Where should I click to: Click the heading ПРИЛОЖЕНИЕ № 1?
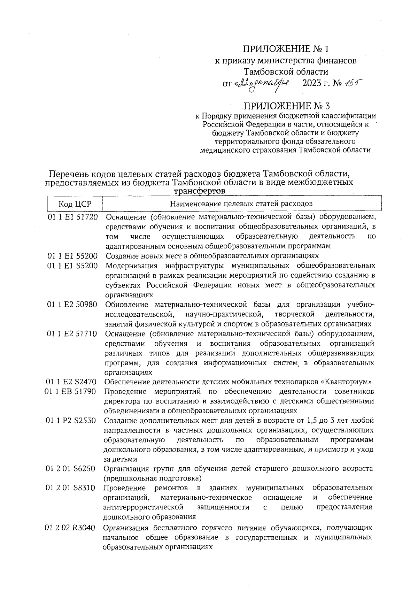click(286, 48)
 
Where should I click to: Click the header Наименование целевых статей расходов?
click(241, 204)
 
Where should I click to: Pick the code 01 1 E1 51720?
click(73, 217)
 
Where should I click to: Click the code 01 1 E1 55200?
click(73, 256)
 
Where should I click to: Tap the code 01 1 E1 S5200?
click(73, 266)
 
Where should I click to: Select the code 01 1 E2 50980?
click(72, 305)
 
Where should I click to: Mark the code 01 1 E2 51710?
click(72, 333)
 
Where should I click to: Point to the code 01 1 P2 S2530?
click(71, 421)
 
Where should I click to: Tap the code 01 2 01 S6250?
click(70, 468)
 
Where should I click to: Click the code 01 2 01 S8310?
click(70, 488)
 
